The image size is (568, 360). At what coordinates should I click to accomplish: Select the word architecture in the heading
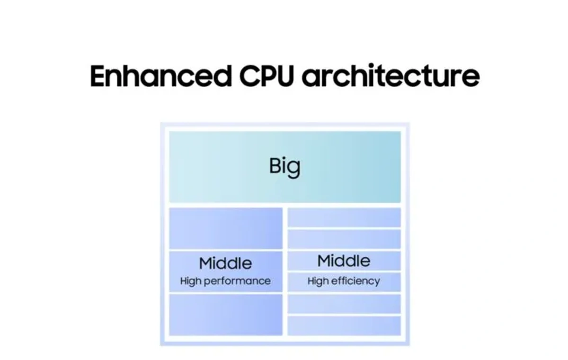coord(390,76)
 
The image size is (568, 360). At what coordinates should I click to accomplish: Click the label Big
coord(284,167)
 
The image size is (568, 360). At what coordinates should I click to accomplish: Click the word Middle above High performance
coord(225,263)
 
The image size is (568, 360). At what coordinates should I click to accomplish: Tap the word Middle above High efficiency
coord(344,261)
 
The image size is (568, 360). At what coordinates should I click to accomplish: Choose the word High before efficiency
coord(318,281)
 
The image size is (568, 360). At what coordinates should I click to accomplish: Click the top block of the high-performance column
coord(226,228)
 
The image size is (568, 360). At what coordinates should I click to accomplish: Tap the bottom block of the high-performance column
coord(226,315)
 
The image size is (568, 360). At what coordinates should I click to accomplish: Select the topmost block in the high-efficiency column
coord(344,217)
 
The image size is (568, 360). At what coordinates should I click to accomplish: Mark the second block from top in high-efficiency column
coord(344,239)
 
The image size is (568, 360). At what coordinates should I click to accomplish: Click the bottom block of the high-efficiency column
coord(344,325)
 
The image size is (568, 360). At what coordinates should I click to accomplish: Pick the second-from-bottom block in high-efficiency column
coord(344,304)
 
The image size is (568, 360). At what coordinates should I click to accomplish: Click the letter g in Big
coord(294,169)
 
